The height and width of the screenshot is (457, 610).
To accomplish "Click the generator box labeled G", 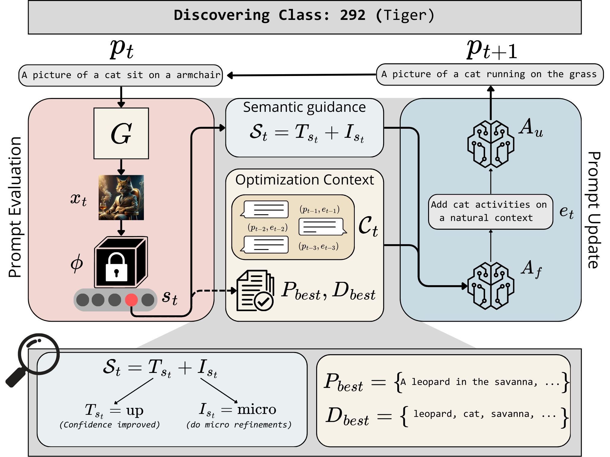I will tap(121, 133).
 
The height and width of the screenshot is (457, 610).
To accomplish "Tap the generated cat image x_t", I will tap(121, 197).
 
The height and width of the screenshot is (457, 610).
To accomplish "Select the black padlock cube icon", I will tap(121, 262).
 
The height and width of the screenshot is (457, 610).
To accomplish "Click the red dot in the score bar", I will tap(131, 300).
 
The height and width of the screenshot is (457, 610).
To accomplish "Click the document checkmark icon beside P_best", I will tap(255, 291).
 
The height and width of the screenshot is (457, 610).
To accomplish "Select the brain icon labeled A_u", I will tap(491, 144).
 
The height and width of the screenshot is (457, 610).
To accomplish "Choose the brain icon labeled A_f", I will tap(491, 285).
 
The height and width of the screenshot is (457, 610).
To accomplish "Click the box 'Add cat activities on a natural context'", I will tap(491, 212).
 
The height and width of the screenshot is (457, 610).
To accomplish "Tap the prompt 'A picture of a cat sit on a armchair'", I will tap(121, 75).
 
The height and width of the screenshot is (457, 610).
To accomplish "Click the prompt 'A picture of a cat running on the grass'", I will tap(490, 74).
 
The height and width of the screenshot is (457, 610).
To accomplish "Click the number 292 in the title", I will tap(353, 15).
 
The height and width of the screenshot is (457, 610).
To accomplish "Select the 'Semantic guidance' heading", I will tap(304, 107).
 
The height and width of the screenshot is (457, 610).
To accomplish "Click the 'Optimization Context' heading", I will tap(304, 180).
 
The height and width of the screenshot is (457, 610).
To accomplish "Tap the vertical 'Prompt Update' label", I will tap(594, 210).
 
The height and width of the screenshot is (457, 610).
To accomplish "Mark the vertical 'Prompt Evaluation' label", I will tap(15, 207).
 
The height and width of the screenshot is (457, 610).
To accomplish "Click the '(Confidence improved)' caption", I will tap(110, 424).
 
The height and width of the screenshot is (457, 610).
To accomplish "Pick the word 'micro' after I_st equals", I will tap(256, 409).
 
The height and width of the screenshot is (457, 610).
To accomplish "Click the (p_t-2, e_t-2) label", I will tap(268, 228).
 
